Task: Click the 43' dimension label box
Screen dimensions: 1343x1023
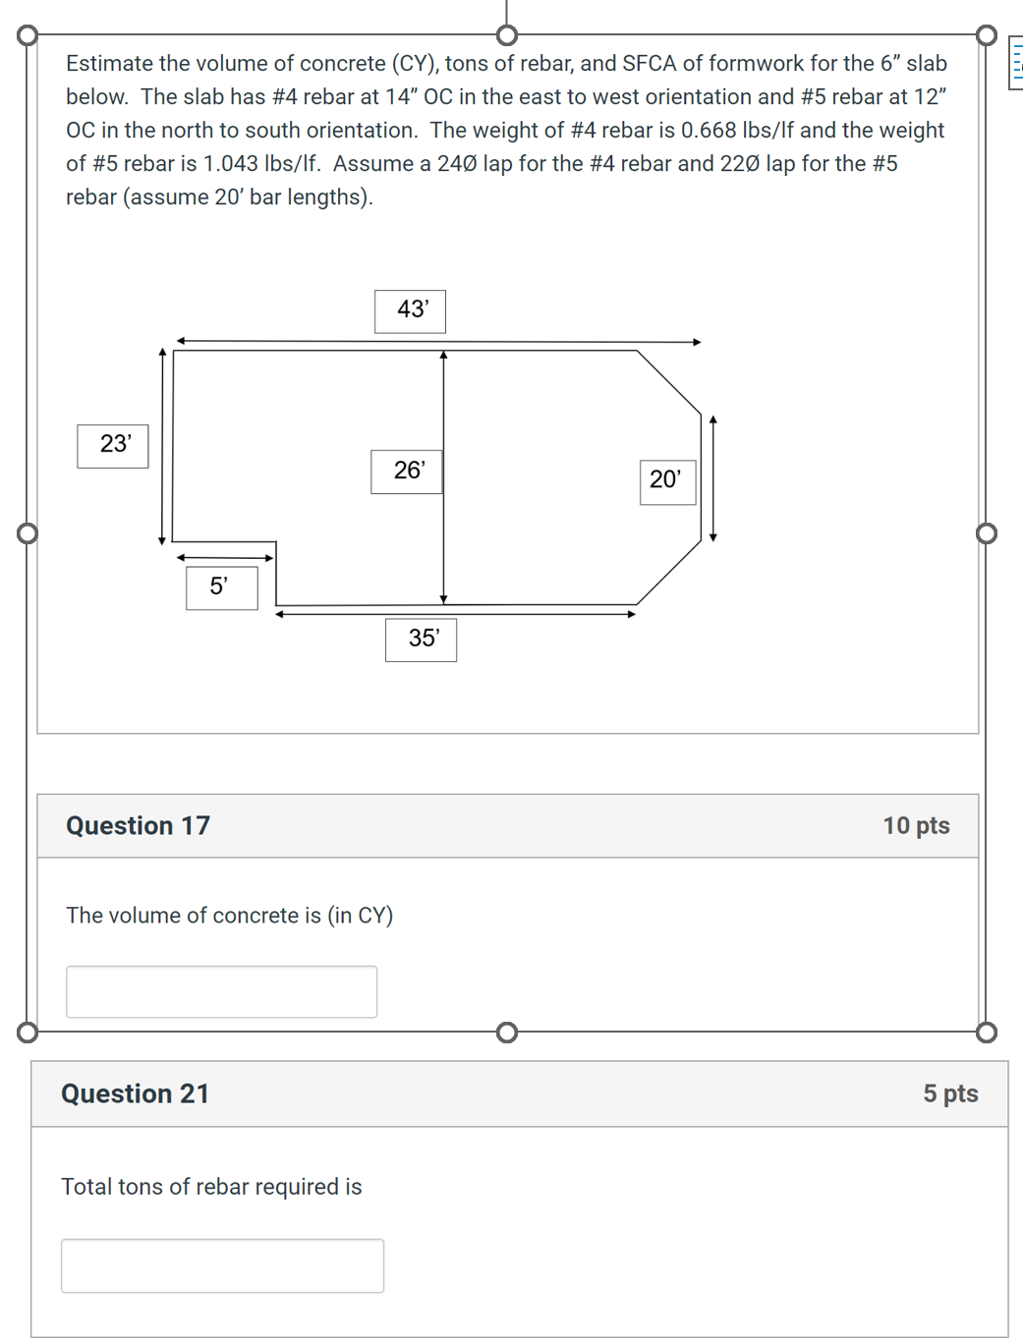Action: (410, 310)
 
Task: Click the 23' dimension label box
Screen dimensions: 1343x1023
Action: (113, 445)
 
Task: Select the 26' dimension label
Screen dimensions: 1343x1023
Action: (407, 472)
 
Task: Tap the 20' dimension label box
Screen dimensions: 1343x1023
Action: (667, 481)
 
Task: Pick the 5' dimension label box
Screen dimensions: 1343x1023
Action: (221, 588)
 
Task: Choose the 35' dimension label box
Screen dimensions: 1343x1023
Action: (421, 640)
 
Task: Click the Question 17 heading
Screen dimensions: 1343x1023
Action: (138, 826)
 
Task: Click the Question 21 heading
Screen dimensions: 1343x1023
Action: (135, 1094)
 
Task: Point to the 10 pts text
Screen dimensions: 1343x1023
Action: (915, 826)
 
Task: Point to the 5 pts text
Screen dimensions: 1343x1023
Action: (949, 1094)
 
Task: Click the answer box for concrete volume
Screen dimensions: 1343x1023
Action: (221, 991)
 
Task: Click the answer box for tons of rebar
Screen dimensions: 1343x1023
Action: (222, 1265)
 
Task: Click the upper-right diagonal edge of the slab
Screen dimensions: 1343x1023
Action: (669, 382)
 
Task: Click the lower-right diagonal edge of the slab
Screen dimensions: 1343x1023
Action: (669, 572)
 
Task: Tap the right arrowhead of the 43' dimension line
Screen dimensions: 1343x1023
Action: (697, 342)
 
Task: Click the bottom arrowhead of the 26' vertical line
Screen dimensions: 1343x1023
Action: (443, 598)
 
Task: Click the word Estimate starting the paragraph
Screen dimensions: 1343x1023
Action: (109, 64)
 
